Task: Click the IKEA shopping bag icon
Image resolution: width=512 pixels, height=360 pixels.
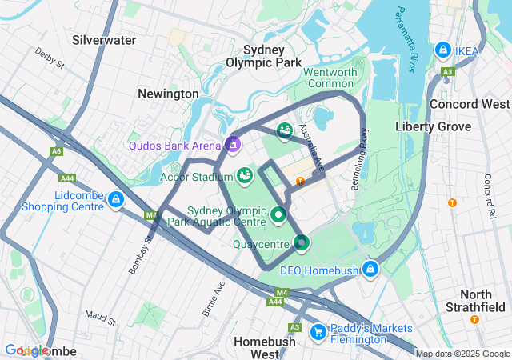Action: coord(442,50)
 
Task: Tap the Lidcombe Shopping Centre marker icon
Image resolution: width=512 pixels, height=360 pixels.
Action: coord(117,199)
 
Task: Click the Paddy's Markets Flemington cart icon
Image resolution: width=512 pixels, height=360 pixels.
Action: coord(318,330)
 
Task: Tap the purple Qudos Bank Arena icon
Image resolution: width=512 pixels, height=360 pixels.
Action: coord(233,145)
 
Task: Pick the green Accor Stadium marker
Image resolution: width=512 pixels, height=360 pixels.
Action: coord(245,174)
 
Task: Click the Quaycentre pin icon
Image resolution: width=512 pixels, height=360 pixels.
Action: coord(302,242)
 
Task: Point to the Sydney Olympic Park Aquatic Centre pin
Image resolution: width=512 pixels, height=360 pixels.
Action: coord(278,214)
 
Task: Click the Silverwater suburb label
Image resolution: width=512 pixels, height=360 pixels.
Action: coord(104,39)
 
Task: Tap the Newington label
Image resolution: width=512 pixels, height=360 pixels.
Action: coord(168,94)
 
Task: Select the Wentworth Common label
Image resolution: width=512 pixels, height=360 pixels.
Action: coord(330,78)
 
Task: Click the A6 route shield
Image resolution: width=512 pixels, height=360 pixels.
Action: coord(56,151)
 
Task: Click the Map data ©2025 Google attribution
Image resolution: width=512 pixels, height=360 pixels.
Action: coord(462,354)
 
